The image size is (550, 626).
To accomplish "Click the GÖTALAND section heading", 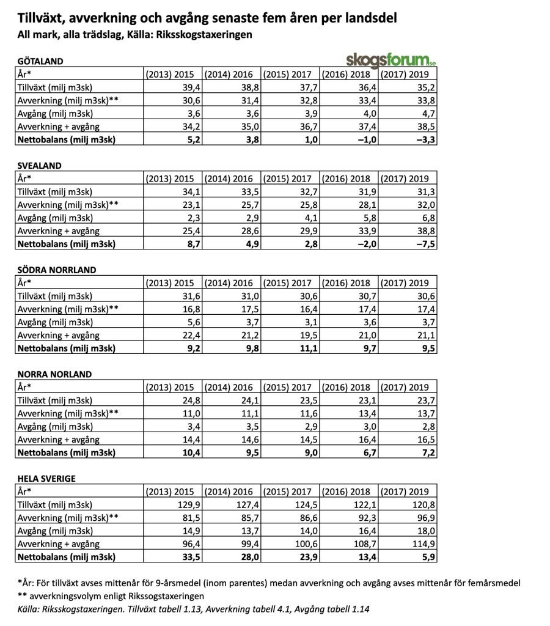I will [42, 61].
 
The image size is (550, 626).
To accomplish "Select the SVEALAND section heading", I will [40, 165].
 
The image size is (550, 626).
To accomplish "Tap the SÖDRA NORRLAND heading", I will [57, 270].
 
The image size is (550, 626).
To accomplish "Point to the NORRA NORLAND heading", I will [54, 374].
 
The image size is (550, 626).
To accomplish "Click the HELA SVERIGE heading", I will [46, 478].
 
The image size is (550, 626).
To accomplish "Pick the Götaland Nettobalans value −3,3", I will [422, 139].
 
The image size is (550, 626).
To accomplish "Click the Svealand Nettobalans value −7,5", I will [422, 244].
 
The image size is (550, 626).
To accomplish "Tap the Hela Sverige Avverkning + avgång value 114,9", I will [419, 544].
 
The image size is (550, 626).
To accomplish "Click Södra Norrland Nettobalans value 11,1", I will [303, 348].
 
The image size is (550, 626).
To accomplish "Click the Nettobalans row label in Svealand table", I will [67, 244].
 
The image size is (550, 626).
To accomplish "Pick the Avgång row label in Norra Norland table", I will [56, 427].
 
